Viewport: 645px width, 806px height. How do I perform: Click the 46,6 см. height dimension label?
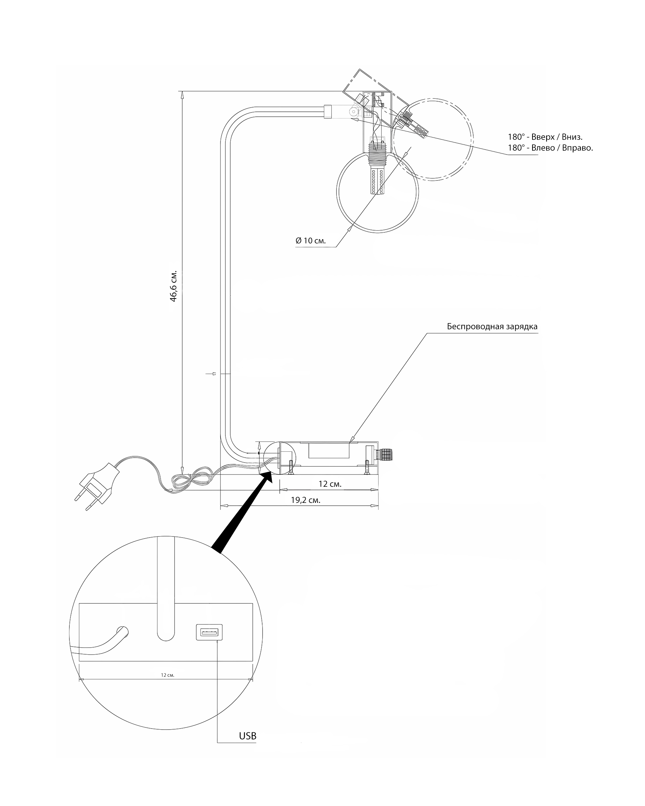pyautogui.click(x=174, y=286)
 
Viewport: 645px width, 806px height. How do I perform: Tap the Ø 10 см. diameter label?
pyautogui.click(x=311, y=240)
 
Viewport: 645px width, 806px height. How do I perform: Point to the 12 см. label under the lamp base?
pyautogui.click(x=330, y=484)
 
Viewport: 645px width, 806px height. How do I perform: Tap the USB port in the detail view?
pyautogui.click(x=209, y=632)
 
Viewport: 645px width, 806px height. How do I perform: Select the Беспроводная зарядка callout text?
pyautogui.click(x=492, y=326)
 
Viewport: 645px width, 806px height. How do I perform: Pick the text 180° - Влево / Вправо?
pyautogui.click(x=550, y=148)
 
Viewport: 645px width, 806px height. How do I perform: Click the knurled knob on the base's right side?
pyautogui.click(x=386, y=455)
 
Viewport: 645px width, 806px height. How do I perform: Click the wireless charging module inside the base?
pyautogui.click(x=329, y=450)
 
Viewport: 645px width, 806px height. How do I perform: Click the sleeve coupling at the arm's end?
pyautogui.click(x=328, y=112)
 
